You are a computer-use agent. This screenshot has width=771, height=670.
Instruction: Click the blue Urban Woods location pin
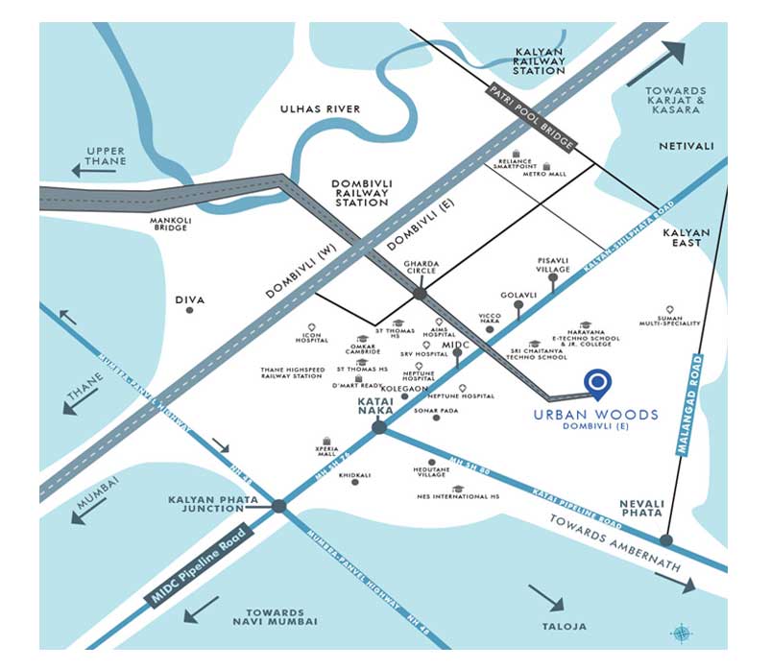coord(598,383)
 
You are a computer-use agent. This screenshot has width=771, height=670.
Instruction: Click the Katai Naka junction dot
coord(380,427)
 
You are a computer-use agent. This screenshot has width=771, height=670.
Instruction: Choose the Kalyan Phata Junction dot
coord(278,506)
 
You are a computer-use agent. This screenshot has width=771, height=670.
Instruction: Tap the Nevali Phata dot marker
coord(665,539)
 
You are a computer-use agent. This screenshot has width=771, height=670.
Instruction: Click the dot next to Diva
coord(189,310)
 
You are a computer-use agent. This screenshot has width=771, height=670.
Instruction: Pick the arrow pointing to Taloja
coord(546,599)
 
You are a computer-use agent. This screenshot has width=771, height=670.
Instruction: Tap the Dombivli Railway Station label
coord(360,193)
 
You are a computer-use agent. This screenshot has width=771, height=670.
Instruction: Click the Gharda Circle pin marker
coord(420,284)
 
